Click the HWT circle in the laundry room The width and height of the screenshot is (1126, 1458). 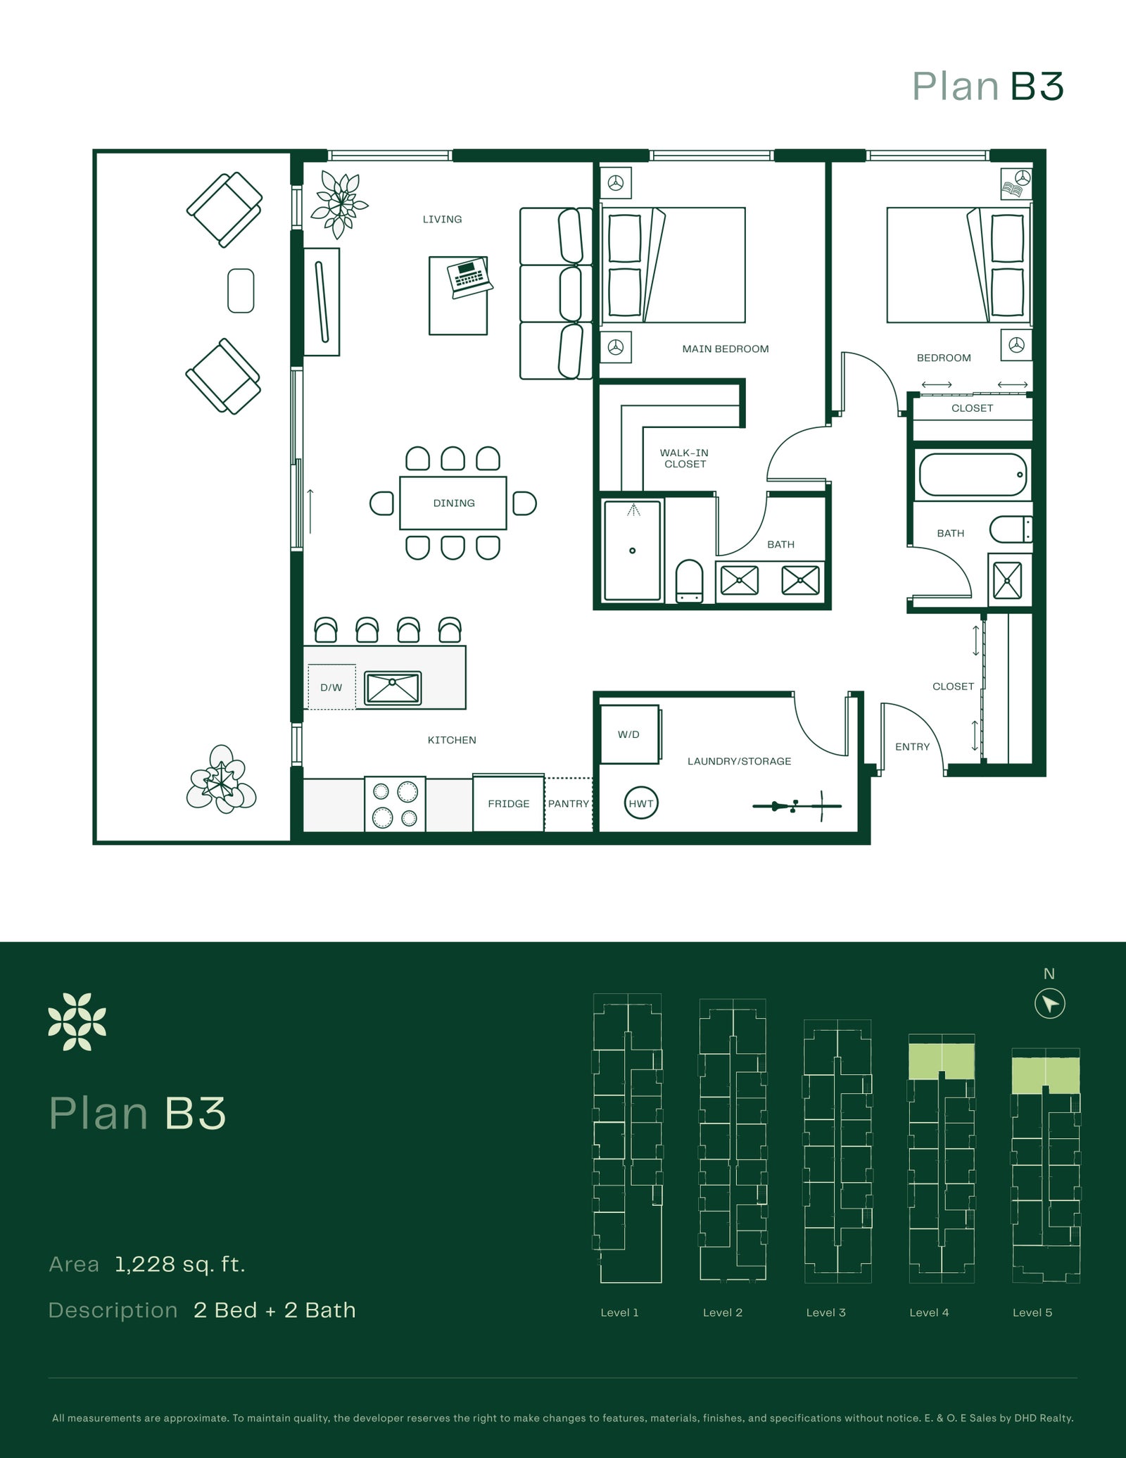click(x=640, y=803)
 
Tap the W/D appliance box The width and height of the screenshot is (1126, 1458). click(x=630, y=734)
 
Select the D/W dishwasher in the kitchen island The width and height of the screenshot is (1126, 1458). click(x=331, y=687)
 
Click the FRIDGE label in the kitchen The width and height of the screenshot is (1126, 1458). click(x=509, y=803)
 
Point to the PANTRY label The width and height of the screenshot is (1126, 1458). click(x=569, y=803)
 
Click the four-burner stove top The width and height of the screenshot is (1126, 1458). click(x=395, y=804)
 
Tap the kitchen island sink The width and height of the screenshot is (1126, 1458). click(x=393, y=688)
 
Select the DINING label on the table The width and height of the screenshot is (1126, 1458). click(x=454, y=503)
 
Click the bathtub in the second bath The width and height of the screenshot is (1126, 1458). click(x=972, y=475)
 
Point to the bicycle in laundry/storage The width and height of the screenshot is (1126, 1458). click(x=797, y=805)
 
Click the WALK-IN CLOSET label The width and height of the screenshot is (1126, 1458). click(x=684, y=458)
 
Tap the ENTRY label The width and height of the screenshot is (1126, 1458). click(x=913, y=746)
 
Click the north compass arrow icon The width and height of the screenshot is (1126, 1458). click(x=1050, y=1003)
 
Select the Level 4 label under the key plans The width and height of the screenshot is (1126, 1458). click(x=929, y=1312)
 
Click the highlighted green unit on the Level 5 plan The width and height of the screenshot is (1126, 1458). click(x=1046, y=1075)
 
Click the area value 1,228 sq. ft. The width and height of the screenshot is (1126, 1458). click(x=180, y=1264)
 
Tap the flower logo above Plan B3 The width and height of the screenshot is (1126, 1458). click(x=77, y=1022)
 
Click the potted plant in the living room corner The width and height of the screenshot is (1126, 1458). click(x=340, y=204)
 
